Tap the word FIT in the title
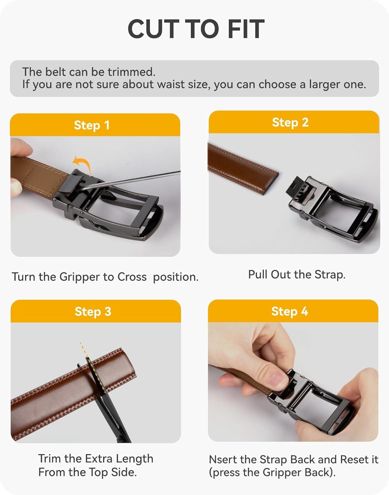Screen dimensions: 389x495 [x=246, y=29]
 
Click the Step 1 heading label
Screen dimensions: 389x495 [x=91, y=125]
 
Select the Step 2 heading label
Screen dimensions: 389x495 [x=290, y=122]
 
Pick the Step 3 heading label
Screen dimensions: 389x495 [x=93, y=312]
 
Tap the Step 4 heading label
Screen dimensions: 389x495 [x=289, y=311]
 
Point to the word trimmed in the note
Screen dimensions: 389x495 [x=131, y=72]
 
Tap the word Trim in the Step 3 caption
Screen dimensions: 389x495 [x=49, y=459]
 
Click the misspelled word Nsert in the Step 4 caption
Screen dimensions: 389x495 [x=222, y=460]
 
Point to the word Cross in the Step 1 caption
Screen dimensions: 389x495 [x=132, y=277]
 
